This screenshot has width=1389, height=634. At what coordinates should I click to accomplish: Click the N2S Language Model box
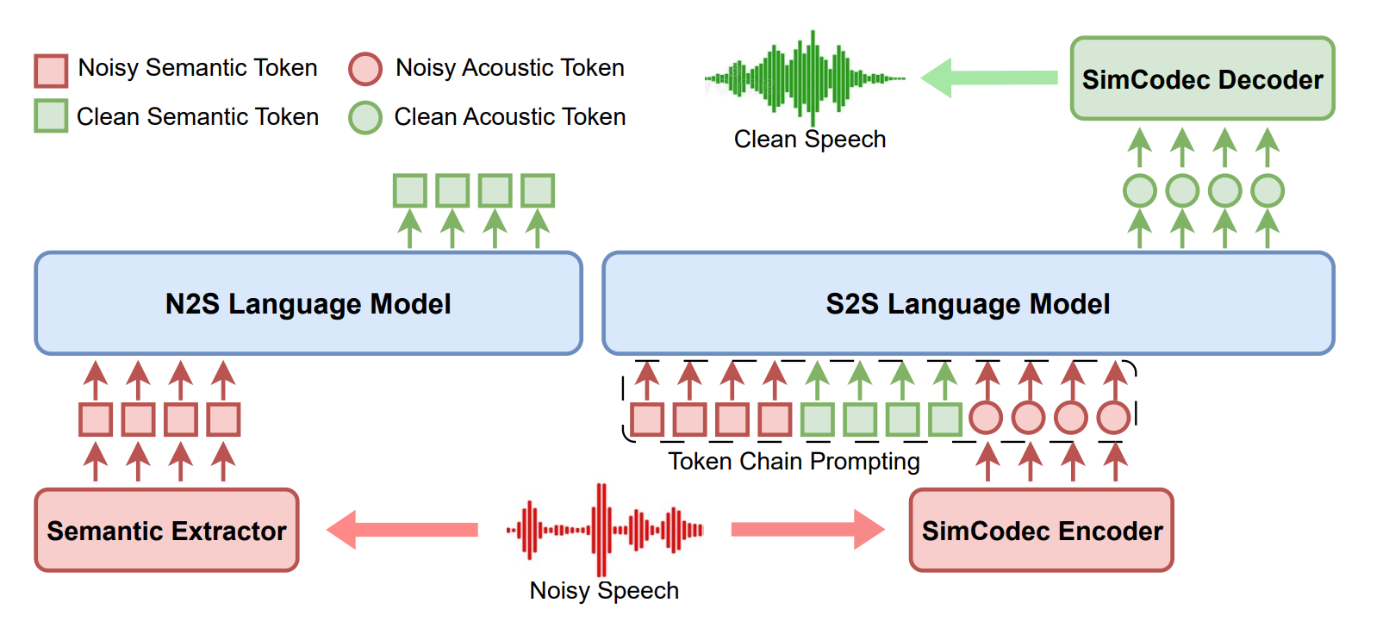pyautogui.click(x=308, y=303)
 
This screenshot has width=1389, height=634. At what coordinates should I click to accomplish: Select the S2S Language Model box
pyautogui.click(x=968, y=303)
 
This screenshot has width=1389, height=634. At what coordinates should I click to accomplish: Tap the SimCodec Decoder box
pyautogui.click(x=1202, y=78)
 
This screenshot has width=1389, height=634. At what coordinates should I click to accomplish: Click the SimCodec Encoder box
pyautogui.click(x=1041, y=530)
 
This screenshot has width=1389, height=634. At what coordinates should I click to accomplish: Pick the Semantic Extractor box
pyautogui.click(x=166, y=530)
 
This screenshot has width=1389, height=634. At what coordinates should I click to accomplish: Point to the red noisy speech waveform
pyautogui.click(x=605, y=530)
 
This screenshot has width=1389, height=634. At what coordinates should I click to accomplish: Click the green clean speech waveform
pyautogui.click(x=806, y=78)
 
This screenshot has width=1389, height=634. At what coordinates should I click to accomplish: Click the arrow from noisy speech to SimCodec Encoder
pyautogui.click(x=807, y=529)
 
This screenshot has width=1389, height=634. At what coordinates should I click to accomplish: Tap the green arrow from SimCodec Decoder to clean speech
pyautogui.click(x=989, y=78)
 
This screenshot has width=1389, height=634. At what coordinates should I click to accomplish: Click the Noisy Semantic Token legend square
pyautogui.click(x=51, y=71)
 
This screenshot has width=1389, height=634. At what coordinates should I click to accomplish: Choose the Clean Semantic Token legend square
pyautogui.click(x=51, y=115)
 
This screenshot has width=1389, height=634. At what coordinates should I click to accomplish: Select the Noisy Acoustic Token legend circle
pyautogui.click(x=365, y=69)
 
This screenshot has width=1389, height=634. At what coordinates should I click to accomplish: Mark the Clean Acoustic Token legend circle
pyautogui.click(x=365, y=117)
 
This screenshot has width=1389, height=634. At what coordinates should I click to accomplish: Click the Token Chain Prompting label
pyautogui.click(x=794, y=462)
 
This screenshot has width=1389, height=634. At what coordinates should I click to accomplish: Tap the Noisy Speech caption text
pyautogui.click(x=604, y=591)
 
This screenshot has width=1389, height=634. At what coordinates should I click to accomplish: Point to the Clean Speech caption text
pyautogui.click(x=809, y=140)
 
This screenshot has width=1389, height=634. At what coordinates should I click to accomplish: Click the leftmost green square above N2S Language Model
pyautogui.click(x=410, y=190)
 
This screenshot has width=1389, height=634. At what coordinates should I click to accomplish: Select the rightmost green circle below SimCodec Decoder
pyautogui.click(x=1268, y=190)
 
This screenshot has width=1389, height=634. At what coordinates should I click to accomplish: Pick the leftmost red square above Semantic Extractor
pyautogui.click(x=96, y=420)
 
